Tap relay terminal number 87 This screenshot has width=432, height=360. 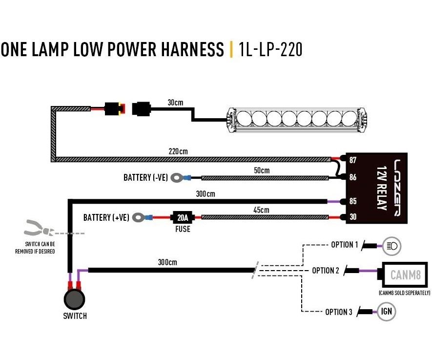pyautogui.click(x=353, y=159)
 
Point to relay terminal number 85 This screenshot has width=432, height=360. pyautogui.click(x=353, y=201)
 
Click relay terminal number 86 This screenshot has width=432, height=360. pyautogui.click(x=353, y=177)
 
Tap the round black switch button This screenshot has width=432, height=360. pyautogui.click(x=74, y=299)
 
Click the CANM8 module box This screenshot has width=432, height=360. pyautogui.click(x=405, y=275)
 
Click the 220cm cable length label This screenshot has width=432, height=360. pyautogui.click(x=179, y=151)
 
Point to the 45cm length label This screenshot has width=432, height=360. pyautogui.click(x=261, y=210)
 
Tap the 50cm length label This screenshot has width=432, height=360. pyautogui.click(x=261, y=170)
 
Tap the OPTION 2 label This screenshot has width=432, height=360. pyautogui.click(x=325, y=271)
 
